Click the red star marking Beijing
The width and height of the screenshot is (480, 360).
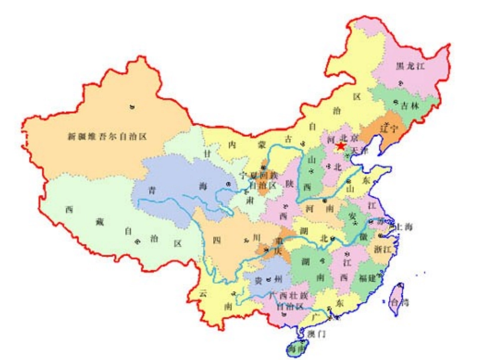(x=341, y=146)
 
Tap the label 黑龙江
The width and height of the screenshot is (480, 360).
(x=410, y=67)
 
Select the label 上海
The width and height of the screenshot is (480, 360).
(x=405, y=227)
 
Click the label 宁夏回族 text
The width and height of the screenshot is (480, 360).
(x=258, y=176)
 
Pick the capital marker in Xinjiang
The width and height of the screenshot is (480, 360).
(x=132, y=107)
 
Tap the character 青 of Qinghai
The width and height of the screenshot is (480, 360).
(x=152, y=191)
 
